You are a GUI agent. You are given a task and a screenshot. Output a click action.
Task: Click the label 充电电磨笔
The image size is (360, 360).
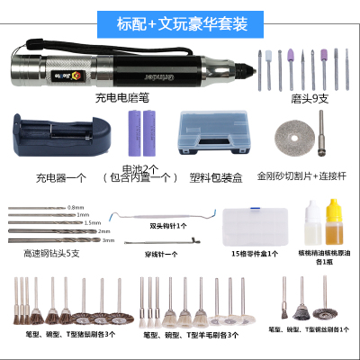pos(125,97)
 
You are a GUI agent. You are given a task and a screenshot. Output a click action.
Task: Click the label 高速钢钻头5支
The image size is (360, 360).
pos(55,255)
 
